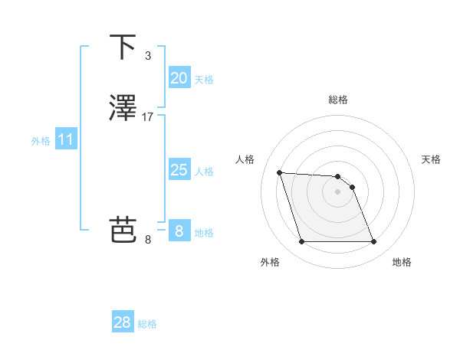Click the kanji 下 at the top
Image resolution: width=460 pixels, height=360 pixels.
point(122,47)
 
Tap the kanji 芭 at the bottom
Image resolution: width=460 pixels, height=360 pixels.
point(122,229)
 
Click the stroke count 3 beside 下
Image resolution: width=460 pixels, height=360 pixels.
point(147,56)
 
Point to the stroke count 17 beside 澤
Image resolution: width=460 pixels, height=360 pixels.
point(148,117)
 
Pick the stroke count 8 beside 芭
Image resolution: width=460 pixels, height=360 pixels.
point(148,240)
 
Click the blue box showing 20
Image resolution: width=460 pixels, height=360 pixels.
point(179,78)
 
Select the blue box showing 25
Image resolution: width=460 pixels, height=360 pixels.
point(179,170)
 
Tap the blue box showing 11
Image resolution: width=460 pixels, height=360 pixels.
point(66,140)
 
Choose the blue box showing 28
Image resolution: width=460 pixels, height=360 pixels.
point(123,322)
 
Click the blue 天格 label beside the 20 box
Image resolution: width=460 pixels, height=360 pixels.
point(204,80)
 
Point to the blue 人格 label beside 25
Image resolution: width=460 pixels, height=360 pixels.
point(204,172)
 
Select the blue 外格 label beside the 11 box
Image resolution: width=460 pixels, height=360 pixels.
point(41,141)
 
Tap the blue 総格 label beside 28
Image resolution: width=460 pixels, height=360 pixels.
point(147,324)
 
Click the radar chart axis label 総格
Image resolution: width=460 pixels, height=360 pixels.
point(338,100)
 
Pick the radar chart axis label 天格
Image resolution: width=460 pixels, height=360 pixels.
point(432,159)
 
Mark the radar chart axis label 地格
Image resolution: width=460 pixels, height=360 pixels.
point(402,262)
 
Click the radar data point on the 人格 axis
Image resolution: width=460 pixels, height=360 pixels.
point(279,172)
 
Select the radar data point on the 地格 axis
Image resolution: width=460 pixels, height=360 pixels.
point(374,242)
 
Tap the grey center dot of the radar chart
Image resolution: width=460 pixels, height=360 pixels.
point(338,191)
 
